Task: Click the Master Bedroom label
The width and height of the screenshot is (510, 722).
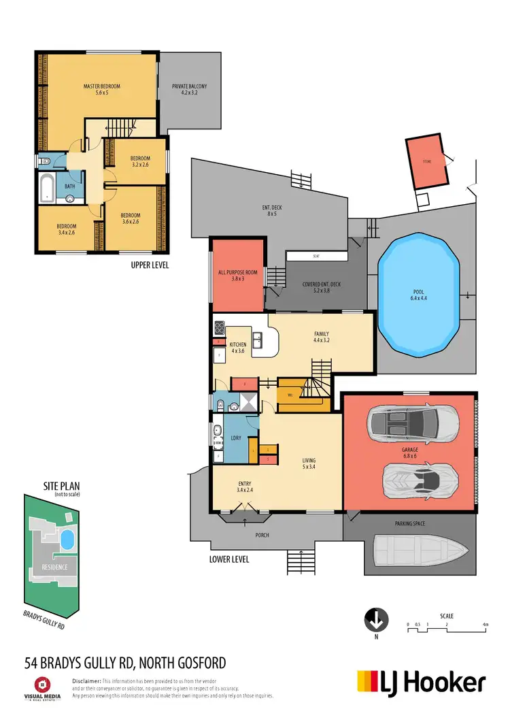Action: (101, 89)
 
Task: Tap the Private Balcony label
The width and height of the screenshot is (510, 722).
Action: (189, 89)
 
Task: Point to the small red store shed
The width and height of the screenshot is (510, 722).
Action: (426, 163)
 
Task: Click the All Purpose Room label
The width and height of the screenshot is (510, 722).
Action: (237, 275)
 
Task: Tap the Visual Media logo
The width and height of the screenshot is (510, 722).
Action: (42, 687)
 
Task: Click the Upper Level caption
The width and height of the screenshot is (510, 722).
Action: (149, 265)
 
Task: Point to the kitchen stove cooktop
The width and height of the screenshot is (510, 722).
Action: (220, 328)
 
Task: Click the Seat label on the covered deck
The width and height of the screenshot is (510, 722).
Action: (316, 257)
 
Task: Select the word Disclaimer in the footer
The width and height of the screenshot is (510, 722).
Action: (86, 680)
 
